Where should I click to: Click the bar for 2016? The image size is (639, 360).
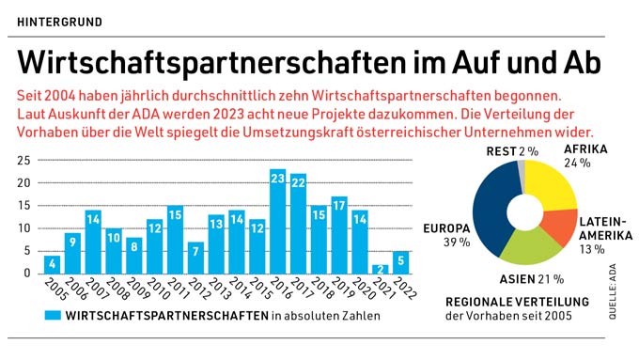click(277, 221)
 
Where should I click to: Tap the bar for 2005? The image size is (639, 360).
click(52, 264)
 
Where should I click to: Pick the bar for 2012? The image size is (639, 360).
click(195, 258)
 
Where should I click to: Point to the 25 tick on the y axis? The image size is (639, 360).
click(23, 161)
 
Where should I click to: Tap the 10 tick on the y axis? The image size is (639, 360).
click(23, 228)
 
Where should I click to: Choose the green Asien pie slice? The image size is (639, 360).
click(526, 246)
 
